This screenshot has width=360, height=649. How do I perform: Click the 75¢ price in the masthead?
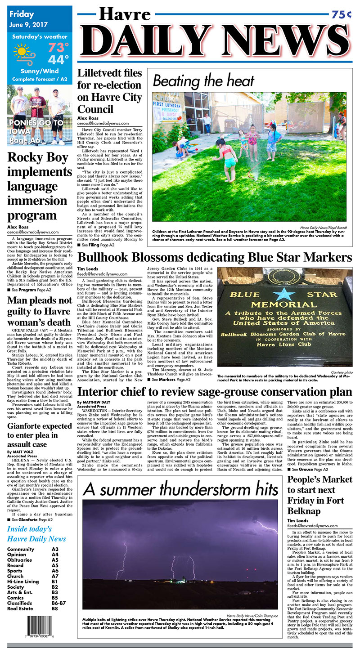342,14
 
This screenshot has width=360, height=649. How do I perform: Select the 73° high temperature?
58,47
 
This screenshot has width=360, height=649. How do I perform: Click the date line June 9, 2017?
28,24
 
